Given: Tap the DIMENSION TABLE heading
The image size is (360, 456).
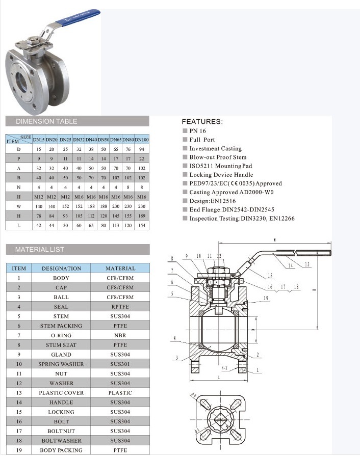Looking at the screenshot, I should [x=47, y=121].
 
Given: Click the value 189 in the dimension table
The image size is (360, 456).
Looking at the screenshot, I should [x=142, y=216].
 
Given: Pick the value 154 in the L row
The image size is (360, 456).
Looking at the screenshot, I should [x=142, y=226].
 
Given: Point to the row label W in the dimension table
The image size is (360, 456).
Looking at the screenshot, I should [x=19, y=206].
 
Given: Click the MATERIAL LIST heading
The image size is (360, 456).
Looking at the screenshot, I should [x=40, y=250].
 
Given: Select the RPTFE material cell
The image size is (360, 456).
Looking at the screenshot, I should [x=120, y=307].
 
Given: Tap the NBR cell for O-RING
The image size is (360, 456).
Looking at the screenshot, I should [x=120, y=336].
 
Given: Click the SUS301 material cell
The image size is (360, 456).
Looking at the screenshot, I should [x=120, y=364].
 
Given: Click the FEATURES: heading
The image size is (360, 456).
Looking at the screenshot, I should [x=202, y=122].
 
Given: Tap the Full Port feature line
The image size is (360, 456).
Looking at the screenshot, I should [x=202, y=140].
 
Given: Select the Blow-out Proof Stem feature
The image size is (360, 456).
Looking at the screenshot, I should [x=218, y=157].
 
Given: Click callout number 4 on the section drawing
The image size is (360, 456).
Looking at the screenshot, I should [x=175, y=338].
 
